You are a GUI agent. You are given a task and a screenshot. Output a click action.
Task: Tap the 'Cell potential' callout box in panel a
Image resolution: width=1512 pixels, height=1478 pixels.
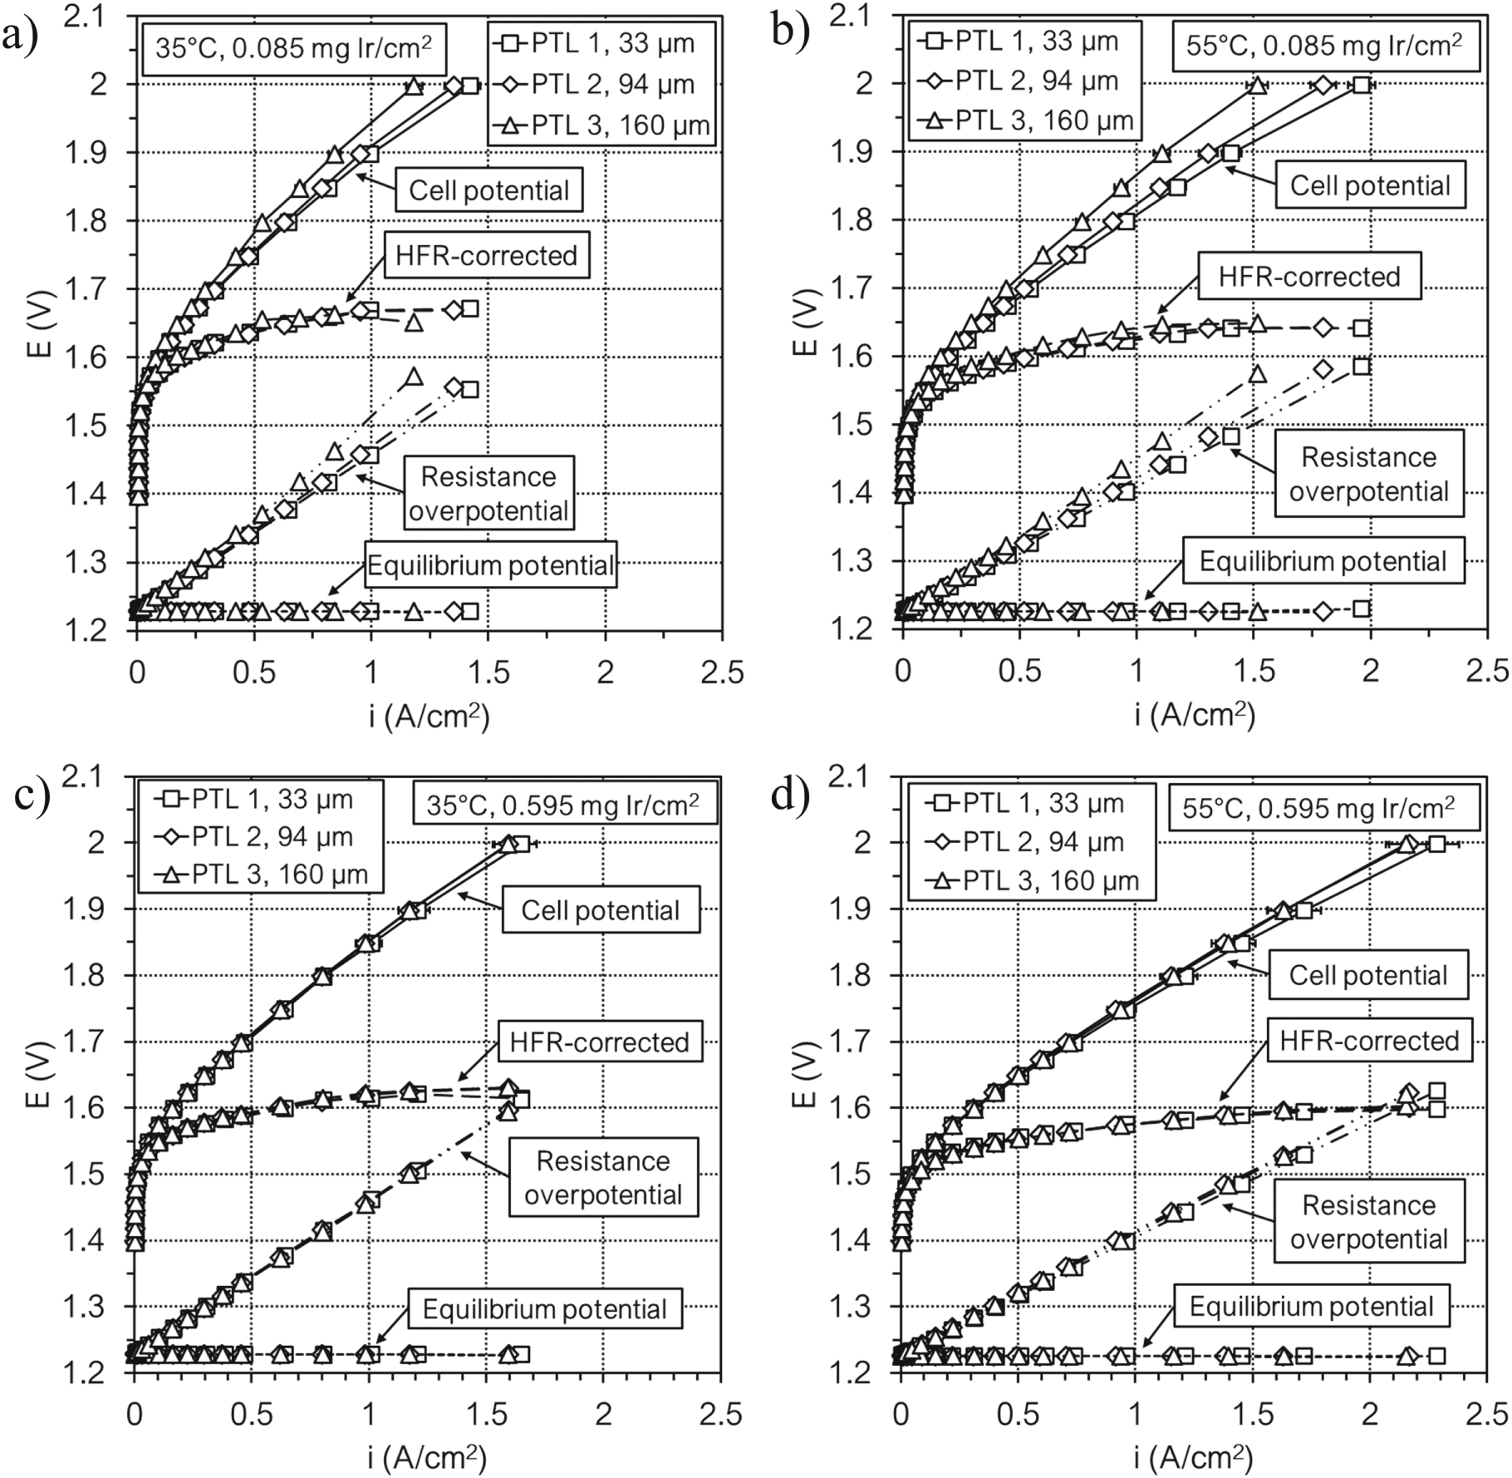488,190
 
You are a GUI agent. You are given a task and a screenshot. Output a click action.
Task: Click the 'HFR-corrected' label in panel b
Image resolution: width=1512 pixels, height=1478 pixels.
1308,277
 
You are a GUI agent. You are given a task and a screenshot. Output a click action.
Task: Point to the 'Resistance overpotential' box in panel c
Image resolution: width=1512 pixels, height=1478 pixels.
602,1177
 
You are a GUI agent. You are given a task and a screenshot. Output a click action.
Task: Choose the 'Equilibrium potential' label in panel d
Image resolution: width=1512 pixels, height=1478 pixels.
1311,1306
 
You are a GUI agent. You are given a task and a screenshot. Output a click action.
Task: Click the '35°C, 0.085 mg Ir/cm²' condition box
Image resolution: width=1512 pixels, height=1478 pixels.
293,47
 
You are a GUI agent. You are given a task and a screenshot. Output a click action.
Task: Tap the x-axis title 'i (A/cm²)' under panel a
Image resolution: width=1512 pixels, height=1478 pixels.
430,716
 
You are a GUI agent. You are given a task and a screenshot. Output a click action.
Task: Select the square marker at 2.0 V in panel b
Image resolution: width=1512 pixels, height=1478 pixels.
1362,85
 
